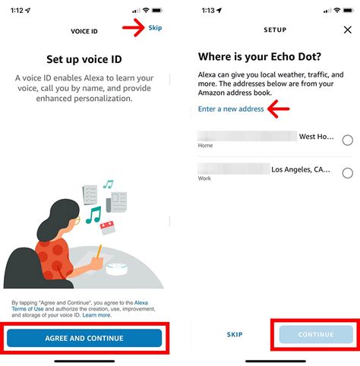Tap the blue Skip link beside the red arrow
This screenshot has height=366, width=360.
point(156,27)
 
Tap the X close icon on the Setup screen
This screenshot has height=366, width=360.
point(347,30)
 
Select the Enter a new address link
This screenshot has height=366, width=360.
point(231,109)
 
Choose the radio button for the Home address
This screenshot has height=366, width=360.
point(347,140)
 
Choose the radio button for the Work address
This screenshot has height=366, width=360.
point(347,173)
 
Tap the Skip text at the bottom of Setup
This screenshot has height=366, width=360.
point(235,334)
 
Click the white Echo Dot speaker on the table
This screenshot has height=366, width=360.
point(118,270)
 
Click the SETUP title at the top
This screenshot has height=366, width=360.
point(275,30)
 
